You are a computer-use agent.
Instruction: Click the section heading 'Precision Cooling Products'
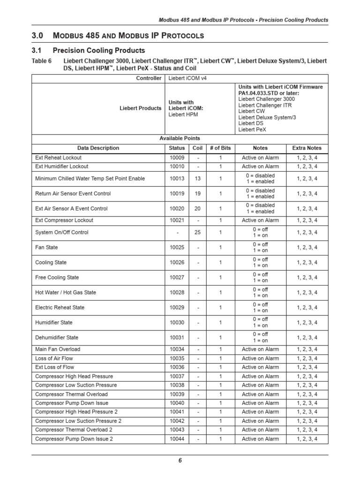pyautogui.click(x=99, y=50)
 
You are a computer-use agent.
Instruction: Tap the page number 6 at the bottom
pyautogui.click(x=180, y=460)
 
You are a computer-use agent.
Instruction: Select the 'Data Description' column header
pyautogui.click(x=98, y=148)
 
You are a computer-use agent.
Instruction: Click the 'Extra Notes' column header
pyautogui.click(x=307, y=148)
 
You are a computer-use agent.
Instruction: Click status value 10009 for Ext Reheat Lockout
pyautogui.click(x=177, y=157)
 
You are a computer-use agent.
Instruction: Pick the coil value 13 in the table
pyautogui.click(x=198, y=179)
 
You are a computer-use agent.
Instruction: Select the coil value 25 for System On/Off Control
pyautogui.click(x=198, y=232)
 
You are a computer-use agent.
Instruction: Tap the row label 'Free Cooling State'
pyautogui.click(x=57, y=277)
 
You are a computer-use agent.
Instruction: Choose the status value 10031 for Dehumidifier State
pyautogui.click(x=177, y=337)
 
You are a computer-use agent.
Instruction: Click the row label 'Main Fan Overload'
pyautogui.click(x=58, y=349)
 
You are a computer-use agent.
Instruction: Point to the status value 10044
pyautogui.click(x=177, y=439)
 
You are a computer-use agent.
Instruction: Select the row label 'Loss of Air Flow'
pyautogui.click(x=54, y=358)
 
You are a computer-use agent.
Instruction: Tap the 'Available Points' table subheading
pyautogui.click(x=180, y=138)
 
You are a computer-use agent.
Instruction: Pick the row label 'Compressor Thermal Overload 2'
pyautogui.click(x=74, y=430)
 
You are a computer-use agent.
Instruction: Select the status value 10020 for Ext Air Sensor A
pyautogui.click(x=177, y=209)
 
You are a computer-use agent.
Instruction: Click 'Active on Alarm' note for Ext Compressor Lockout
pyautogui.click(x=260, y=220)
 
